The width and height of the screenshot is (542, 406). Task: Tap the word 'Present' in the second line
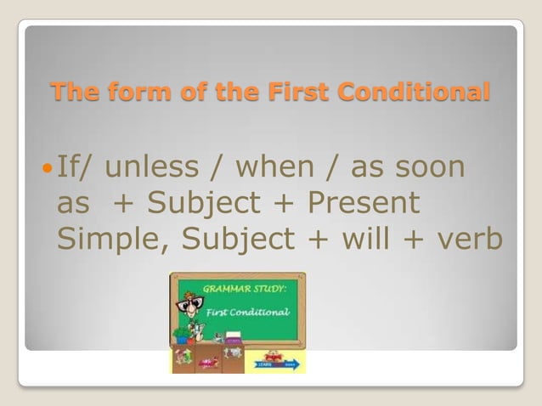coord(364,204)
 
